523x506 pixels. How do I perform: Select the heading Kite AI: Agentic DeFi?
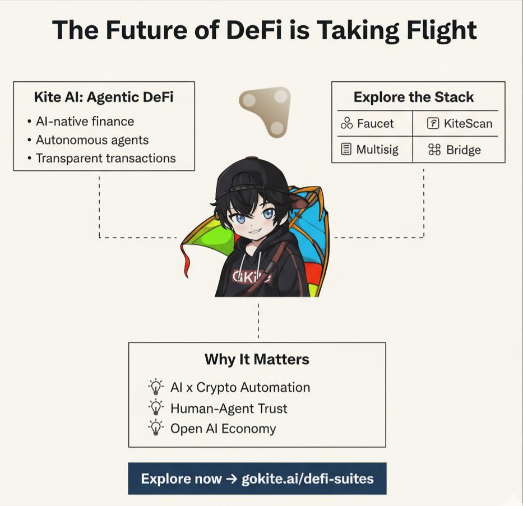click(x=104, y=98)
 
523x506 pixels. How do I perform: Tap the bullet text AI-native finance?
click(x=85, y=121)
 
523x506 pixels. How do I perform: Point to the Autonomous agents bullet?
click(x=92, y=140)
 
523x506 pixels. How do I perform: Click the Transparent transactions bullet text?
click(x=105, y=158)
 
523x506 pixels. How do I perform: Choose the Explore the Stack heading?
click(x=413, y=97)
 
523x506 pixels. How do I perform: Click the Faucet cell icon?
click(x=346, y=123)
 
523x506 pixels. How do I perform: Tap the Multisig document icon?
click(x=346, y=150)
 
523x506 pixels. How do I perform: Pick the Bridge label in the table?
click(x=463, y=150)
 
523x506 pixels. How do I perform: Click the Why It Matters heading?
click(x=257, y=359)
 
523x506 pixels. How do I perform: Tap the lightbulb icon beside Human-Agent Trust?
click(x=155, y=407)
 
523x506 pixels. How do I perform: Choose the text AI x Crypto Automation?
click(x=240, y=387)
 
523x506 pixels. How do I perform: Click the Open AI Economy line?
click(x=223, y=429)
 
